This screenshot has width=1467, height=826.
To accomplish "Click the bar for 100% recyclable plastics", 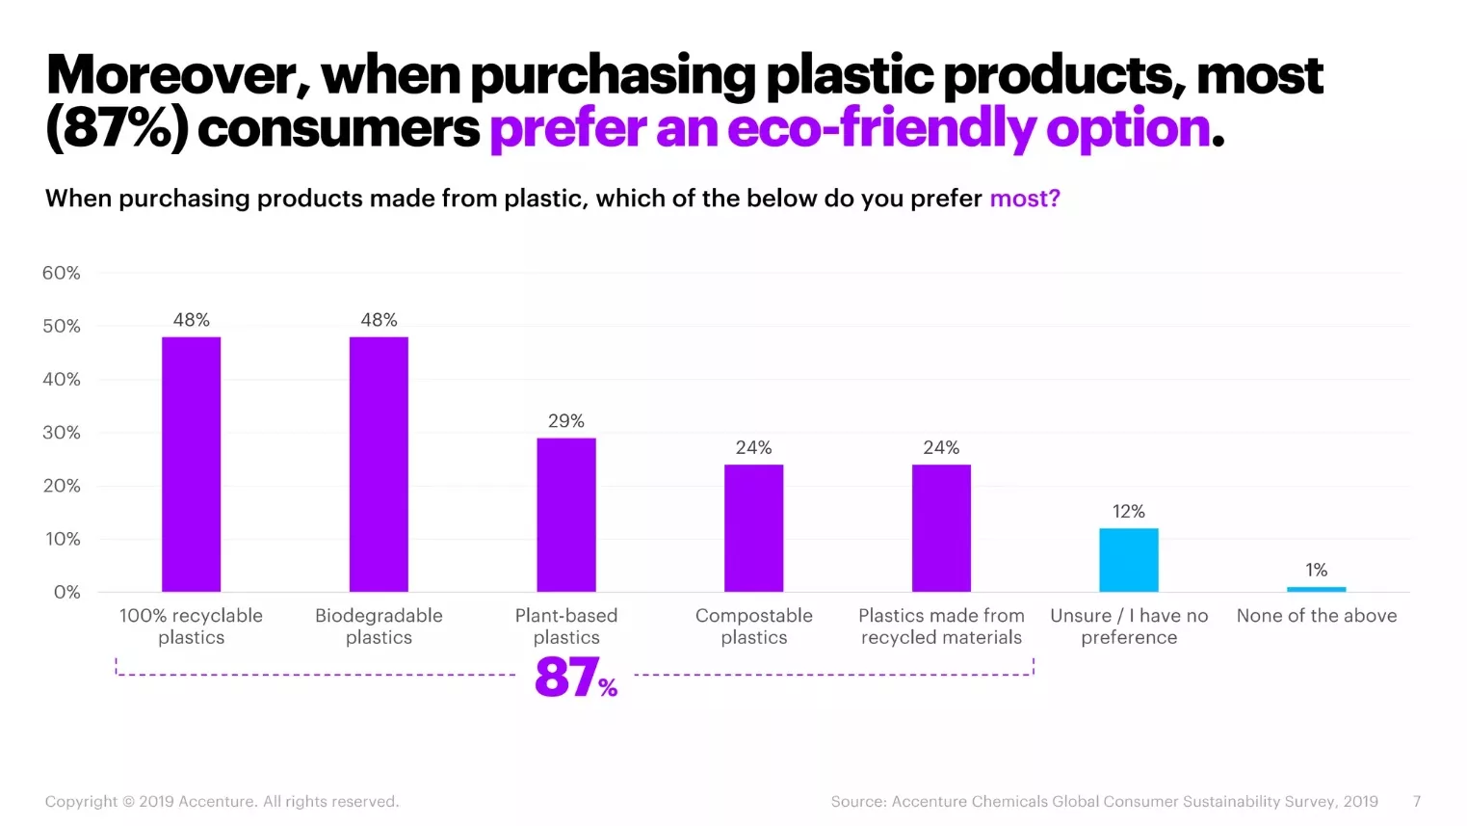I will click(x=191, y=464).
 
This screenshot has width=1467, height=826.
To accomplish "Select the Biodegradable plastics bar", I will click(x=379, y=464).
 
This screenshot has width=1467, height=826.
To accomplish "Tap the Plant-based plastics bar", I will click(x=566, y=515).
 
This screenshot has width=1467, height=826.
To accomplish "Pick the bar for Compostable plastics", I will click(x=753, y=528).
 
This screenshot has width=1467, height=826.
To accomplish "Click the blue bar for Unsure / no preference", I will click(x=1128, y=560).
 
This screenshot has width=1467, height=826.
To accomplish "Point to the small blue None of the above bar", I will click(x=1316, y=589).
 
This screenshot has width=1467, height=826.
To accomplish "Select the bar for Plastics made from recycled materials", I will click(x=941, y=528).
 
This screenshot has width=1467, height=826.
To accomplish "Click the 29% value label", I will click(x=566, y=421).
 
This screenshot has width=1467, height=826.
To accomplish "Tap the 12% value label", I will click(x=1128, y=512).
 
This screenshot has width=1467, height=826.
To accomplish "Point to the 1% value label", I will click(x=1316, y=571).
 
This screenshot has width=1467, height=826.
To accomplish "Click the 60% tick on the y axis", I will click(x=62, y=274).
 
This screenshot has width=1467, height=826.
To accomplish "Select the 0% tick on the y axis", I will click(x=66, y=592).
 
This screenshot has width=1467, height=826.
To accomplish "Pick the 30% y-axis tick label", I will click(x=62, y=433).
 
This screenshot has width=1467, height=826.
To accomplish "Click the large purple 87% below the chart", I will click(x=575, y=677).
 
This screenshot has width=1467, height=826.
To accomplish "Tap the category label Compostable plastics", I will click(x=753, y=626).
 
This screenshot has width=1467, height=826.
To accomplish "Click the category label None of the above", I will click(x=1316, y=616).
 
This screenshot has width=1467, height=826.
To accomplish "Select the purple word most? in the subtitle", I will click(x=1025, y=199).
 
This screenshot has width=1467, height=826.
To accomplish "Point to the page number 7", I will click(x=1416, y=802).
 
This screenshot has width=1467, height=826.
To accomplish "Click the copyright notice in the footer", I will click(x=222, y=802).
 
